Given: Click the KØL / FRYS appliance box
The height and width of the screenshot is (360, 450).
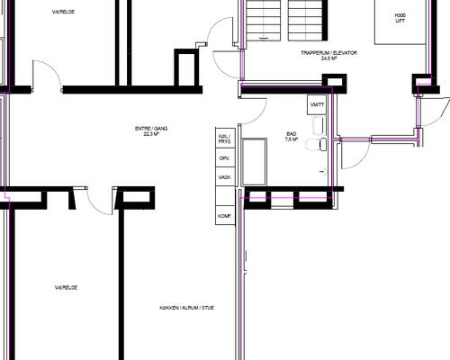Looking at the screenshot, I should coord(225,139).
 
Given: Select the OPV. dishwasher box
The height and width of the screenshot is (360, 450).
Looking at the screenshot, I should coord(225,158).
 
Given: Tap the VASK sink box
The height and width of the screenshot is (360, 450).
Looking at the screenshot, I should coord(225,177).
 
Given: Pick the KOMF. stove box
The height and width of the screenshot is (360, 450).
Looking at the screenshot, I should coord(225,217).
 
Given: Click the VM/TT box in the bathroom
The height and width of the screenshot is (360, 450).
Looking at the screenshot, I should coord(316,105).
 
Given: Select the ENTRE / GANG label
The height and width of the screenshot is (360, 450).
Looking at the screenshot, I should coord(151,129).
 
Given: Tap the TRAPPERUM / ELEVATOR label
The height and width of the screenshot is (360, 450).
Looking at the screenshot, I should coord(328,54).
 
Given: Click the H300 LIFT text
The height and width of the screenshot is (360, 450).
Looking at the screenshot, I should coord(400,20).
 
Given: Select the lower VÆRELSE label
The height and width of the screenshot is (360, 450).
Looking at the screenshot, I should coord(65,287).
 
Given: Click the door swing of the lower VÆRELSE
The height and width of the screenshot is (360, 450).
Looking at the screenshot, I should coord(101,202).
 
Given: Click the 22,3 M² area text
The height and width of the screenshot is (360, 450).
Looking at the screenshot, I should coord(151,134).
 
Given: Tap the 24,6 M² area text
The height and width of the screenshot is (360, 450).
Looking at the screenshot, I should coord(328,60).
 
